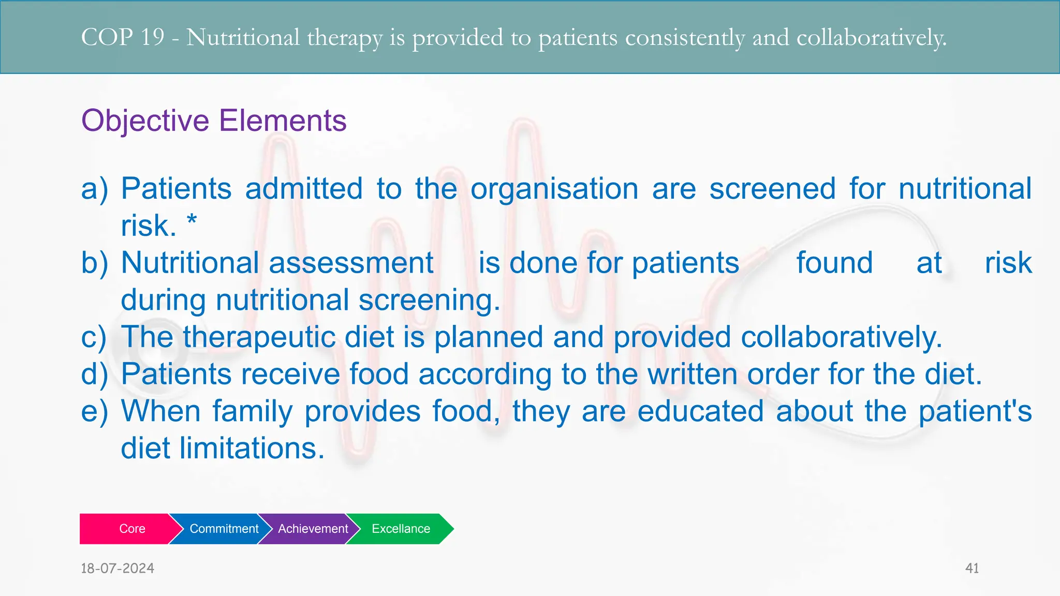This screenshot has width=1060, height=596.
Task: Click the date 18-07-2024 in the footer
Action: point(117,568)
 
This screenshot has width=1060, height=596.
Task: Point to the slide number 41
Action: point(972,568)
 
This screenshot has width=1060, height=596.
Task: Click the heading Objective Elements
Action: point(214,121)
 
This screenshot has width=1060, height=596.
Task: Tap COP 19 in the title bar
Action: point(123,37)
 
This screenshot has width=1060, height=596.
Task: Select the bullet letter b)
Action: point(95,263)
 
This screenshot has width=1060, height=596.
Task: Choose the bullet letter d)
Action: point(95,374)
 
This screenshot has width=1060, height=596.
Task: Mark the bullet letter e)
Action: point(95,411)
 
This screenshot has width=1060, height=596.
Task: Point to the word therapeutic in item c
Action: point(259,337)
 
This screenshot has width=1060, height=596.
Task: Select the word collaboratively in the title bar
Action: point(871,37)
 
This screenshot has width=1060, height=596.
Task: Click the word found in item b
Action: point(834,263)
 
